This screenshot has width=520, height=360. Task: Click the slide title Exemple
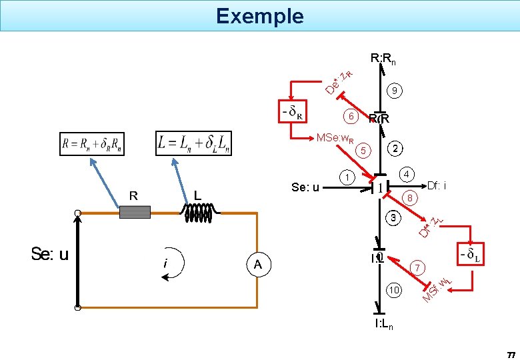point(259,15)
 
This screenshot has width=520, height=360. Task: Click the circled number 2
point(395,148)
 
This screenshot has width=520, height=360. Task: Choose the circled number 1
point(347,178)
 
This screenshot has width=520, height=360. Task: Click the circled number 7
point(418,267)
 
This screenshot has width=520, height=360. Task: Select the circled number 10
point(395,290)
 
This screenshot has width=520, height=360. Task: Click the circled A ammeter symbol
point(257,265)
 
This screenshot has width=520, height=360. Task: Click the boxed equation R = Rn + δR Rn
point(91,144)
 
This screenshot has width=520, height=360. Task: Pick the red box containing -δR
point(292,112)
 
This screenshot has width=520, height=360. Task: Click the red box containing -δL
point(471,254)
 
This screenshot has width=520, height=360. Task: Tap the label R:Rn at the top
point(383,60)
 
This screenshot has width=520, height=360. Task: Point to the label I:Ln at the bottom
point(384,325)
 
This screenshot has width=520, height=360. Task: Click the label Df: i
point(437,185)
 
